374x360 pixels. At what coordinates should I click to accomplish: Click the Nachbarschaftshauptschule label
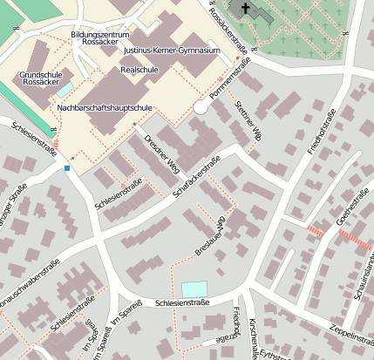105,107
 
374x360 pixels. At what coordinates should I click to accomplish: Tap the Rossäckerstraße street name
232,25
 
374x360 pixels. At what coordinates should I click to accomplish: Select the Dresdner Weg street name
161,153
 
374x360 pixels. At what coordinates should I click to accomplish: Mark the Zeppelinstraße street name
343,333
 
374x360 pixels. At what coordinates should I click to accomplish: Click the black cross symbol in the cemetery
247,10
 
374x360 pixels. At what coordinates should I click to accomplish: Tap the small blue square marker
67,167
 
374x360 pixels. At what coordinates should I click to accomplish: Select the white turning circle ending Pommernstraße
201,106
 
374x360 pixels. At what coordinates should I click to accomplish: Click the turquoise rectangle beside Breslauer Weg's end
194,289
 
